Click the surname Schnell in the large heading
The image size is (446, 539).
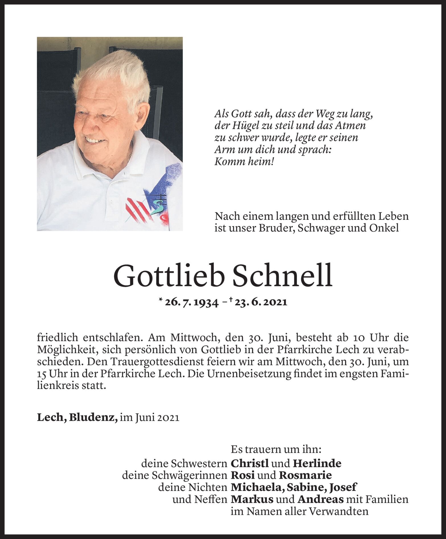coord(282,276)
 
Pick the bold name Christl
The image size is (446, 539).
coord(250,464)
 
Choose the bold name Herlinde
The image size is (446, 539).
coord(317,464)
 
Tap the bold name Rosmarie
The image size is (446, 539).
coord(305,475)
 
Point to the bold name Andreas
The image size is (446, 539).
coord(321,499)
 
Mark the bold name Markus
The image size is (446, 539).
coord(252,499)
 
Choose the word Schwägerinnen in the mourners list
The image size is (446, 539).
coord(174,475)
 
